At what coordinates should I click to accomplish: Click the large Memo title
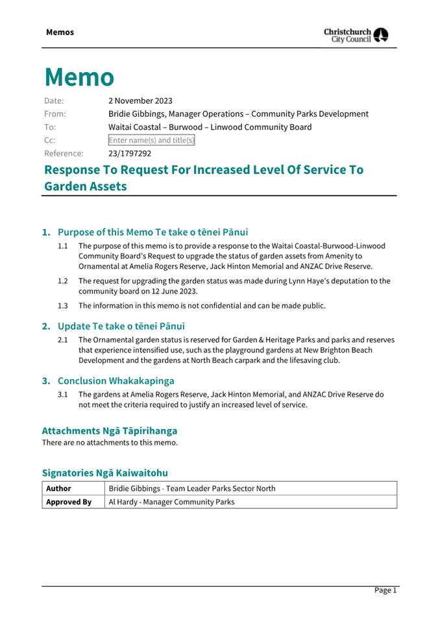point(79,77)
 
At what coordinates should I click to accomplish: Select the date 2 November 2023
point(140,101)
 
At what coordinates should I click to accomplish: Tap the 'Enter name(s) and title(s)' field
point(151,140)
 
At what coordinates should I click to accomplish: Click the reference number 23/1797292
point(130,154)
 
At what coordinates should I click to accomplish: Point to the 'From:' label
point(55,114)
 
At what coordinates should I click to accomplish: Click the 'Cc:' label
point(49,140)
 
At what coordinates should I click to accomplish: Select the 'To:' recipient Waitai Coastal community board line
point(210,127)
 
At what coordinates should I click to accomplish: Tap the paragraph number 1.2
point(63,281)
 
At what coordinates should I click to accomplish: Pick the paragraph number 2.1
point(63,340)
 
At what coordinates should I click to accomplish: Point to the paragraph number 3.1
point(63,394)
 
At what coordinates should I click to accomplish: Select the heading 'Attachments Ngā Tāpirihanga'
point(109,430)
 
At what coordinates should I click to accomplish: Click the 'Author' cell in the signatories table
point(58,488)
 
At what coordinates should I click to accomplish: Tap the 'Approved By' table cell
point(68,502)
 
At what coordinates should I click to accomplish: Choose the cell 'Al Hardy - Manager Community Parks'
point(171,502)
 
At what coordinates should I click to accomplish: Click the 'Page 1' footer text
point(385,590)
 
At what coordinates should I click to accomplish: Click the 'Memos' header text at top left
point(60,32)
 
